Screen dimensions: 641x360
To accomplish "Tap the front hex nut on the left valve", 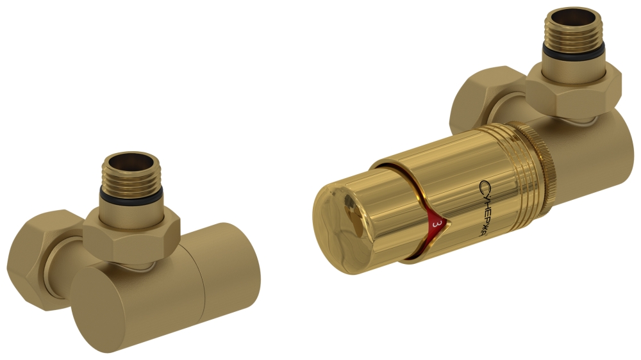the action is click(131, 234).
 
